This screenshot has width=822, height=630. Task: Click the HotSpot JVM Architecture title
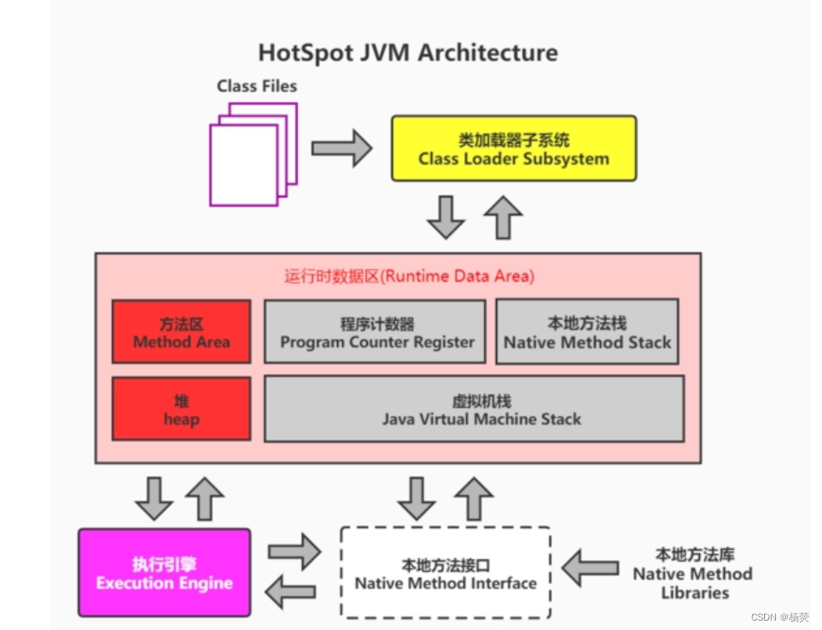408,53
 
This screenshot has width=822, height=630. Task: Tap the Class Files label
257,86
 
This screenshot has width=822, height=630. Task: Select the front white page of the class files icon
243,165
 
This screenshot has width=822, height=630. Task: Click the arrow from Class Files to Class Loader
341,149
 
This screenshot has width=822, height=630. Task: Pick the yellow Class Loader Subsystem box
514,149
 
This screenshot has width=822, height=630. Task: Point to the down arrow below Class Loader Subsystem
446,218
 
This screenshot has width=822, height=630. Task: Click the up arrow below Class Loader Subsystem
503,217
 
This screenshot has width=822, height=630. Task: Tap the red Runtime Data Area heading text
409,277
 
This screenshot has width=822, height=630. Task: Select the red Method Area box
181,332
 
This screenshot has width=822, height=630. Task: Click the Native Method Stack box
587,332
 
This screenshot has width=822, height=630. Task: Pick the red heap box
181,409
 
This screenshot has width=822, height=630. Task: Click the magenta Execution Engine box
165,573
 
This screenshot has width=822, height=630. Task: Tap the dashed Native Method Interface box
445,573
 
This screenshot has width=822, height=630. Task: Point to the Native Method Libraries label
692,574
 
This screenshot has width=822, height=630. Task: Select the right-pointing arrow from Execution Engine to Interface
294,552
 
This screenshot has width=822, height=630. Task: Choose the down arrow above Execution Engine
154,499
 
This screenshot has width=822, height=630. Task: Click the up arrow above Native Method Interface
474,499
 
